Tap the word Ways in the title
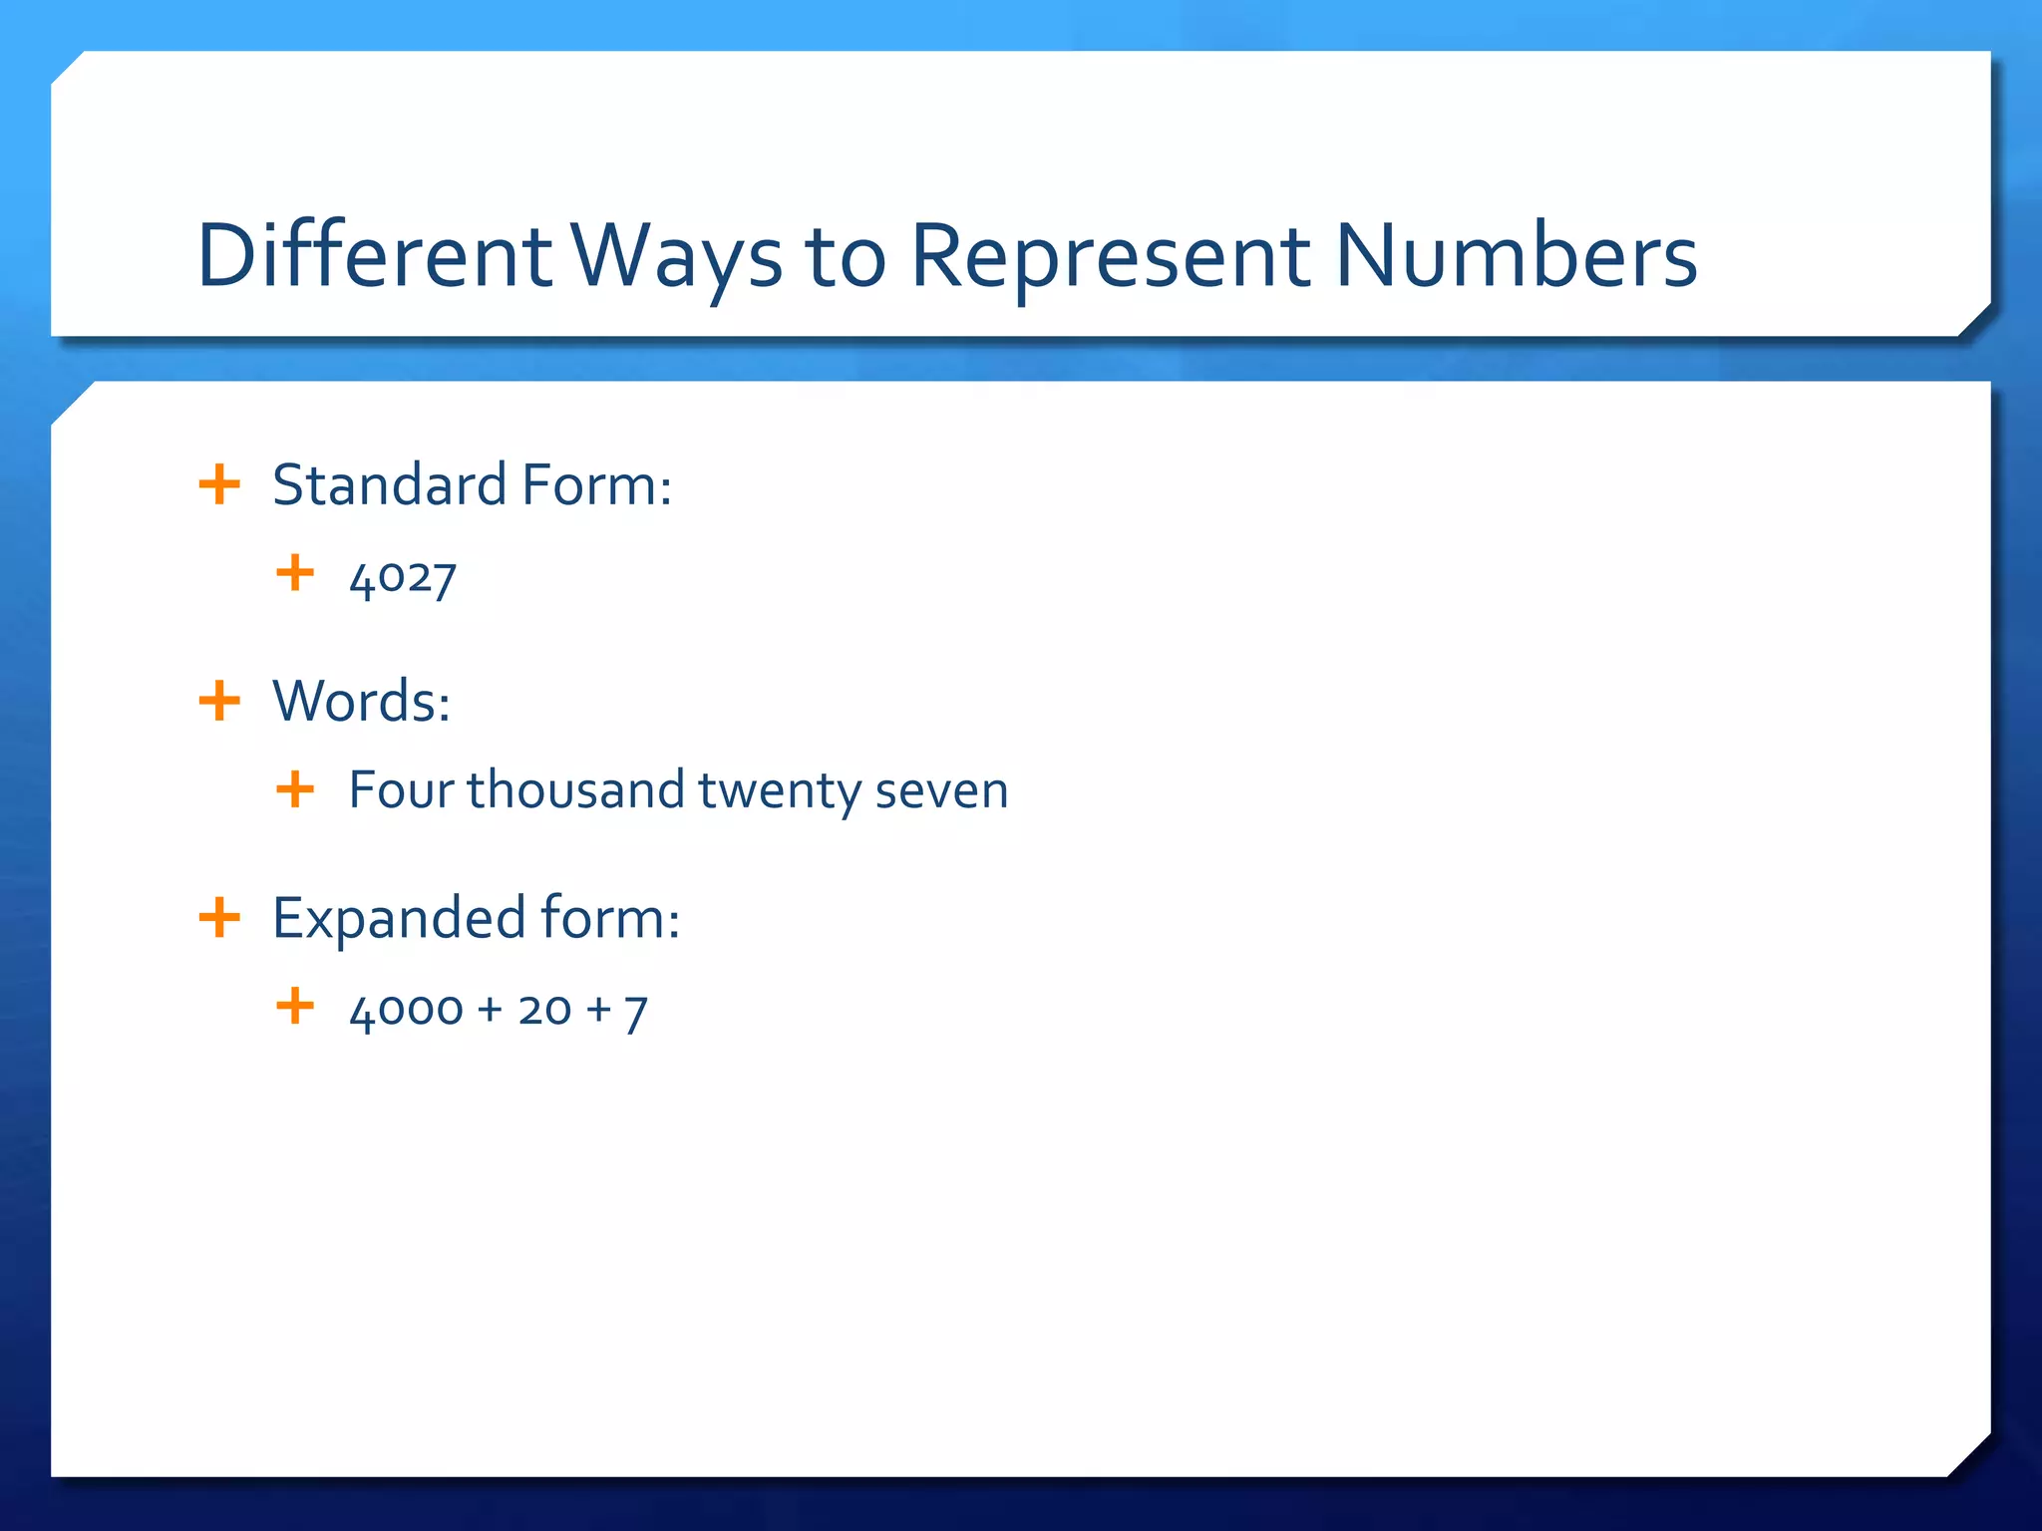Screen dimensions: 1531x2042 pos(678,257)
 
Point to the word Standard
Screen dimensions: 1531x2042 pos(389,485)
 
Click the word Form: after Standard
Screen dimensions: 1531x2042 pos(596,485)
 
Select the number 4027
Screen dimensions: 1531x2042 pos(403,578)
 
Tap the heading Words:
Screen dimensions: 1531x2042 pos(361,701)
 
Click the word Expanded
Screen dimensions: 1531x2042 pos(399,918)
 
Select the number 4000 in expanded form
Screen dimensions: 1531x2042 pos(406,1011)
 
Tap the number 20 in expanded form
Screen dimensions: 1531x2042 pos(544,1010)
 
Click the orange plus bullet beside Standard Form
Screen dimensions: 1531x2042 pos(219,485)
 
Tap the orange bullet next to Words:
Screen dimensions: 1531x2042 pos(219,701)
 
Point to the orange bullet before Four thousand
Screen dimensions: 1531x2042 pos(295,790)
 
